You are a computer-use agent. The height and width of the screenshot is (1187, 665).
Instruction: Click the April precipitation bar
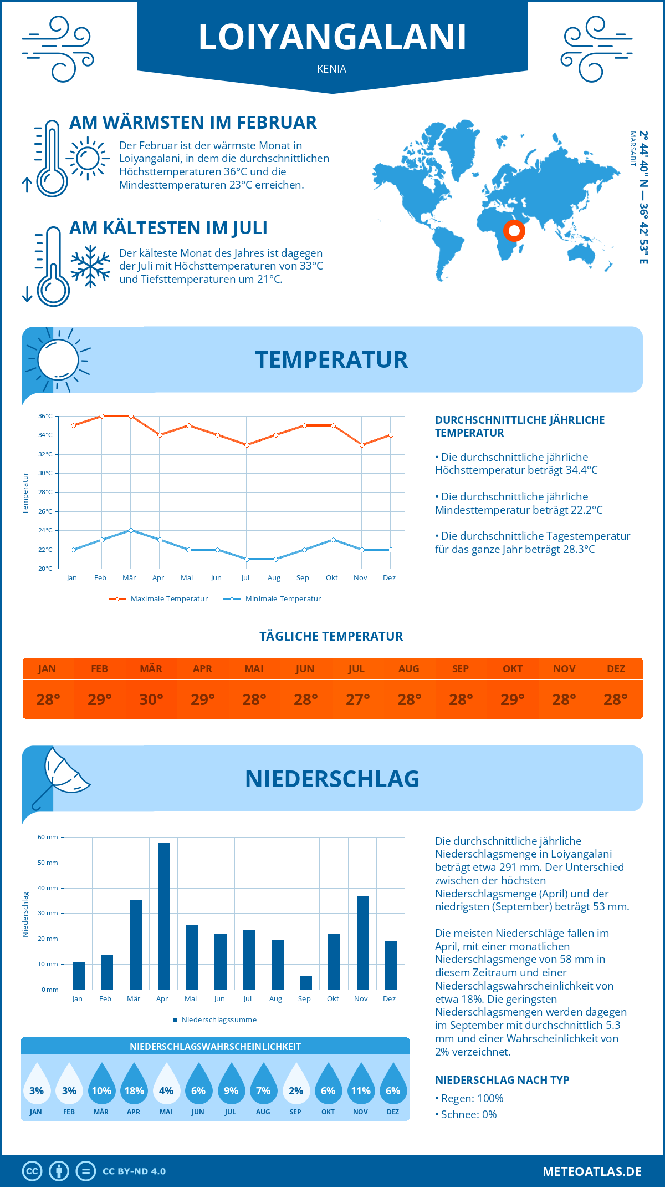tap(164, 916)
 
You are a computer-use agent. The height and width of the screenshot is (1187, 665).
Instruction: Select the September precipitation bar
tap(306, 982)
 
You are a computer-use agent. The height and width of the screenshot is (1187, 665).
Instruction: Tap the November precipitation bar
tap(363, 943)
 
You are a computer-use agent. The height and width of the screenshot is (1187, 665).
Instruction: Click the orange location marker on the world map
tap(514, 230)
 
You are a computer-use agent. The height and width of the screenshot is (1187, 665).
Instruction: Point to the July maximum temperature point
tap(247, 445)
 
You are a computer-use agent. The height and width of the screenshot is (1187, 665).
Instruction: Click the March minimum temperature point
tap(131, 530)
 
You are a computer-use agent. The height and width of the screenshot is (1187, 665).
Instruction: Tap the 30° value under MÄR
tap(151, 699)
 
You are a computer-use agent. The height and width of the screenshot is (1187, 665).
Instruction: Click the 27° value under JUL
tap(357, 699)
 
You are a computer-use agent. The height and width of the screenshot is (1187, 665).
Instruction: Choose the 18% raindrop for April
tap(134, 1084)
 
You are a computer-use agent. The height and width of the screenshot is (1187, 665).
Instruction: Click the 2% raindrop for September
tap(296, 1084)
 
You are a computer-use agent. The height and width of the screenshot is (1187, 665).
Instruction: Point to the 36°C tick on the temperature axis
tap(45, 416)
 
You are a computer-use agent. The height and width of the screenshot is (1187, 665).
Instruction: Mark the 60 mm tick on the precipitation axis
tap(48, 837)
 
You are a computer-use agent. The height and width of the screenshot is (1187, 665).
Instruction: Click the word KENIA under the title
tap(332, 69)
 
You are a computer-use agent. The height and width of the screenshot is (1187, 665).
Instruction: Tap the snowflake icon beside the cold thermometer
tap(90, 266)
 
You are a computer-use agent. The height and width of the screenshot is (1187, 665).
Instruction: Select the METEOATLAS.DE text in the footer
tap(592, 1171)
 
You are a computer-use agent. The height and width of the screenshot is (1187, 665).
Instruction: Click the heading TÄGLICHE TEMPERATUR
tap(331, 636)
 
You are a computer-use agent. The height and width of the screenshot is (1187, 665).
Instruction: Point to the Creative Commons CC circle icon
tap(32, 1171)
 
